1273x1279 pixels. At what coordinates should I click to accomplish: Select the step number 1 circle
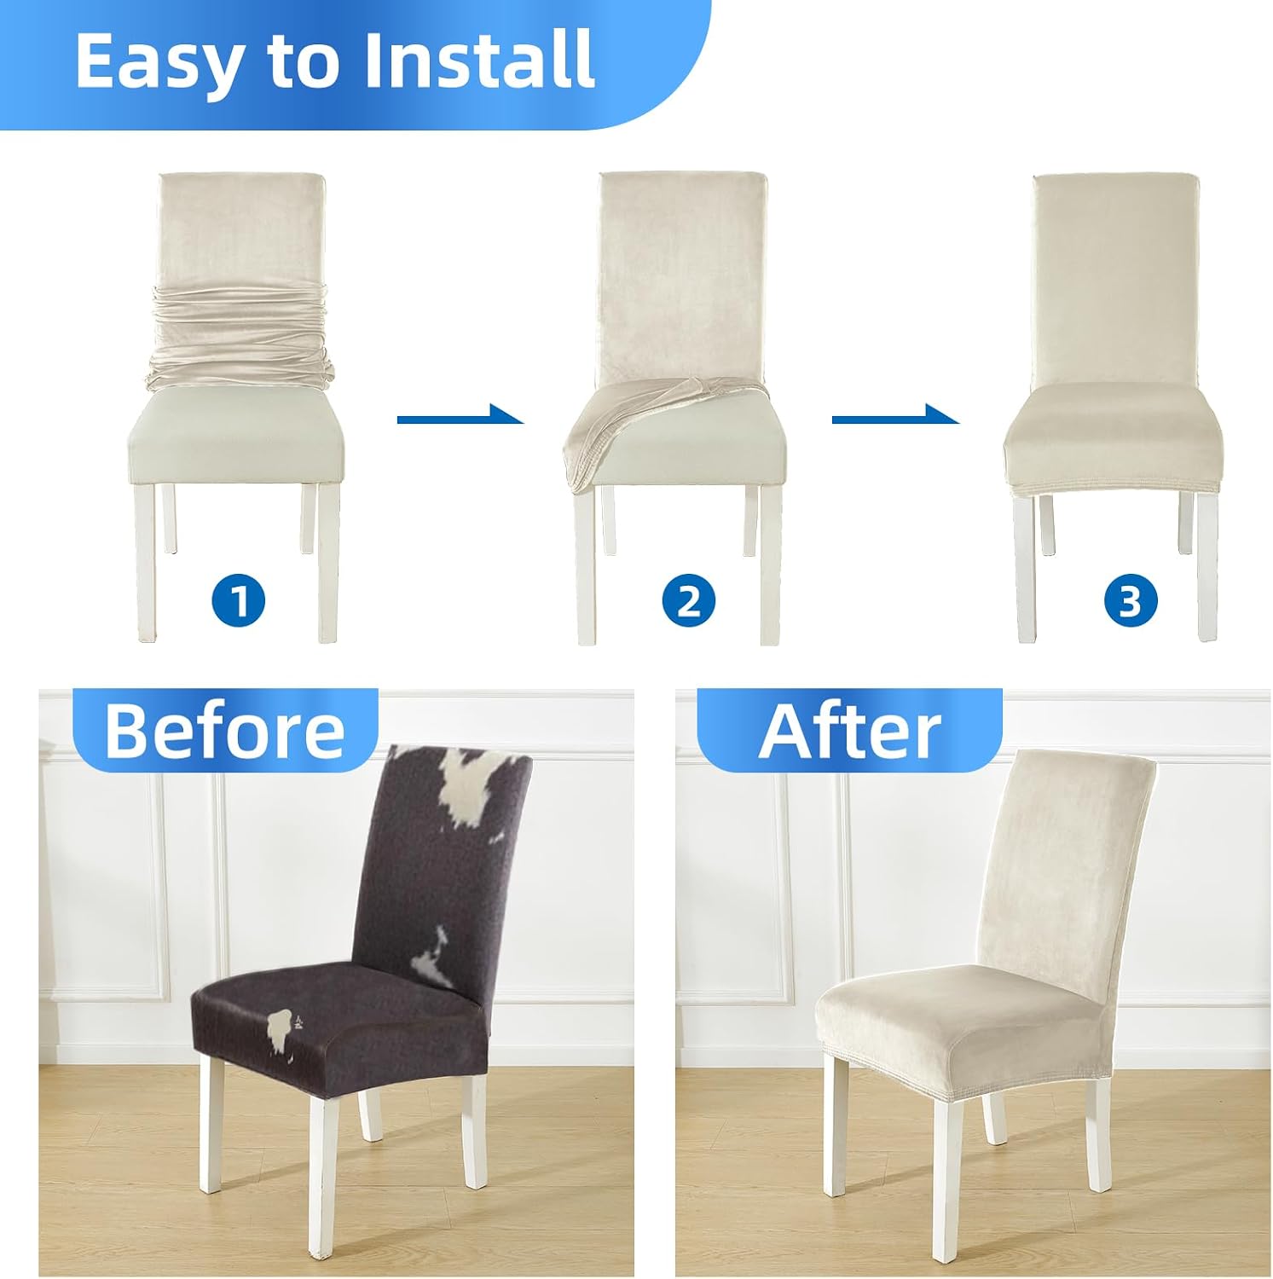coord(239,600)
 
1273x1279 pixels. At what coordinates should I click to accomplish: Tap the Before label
coord(225,731)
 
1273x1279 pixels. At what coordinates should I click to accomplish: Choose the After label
coord(850,731)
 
